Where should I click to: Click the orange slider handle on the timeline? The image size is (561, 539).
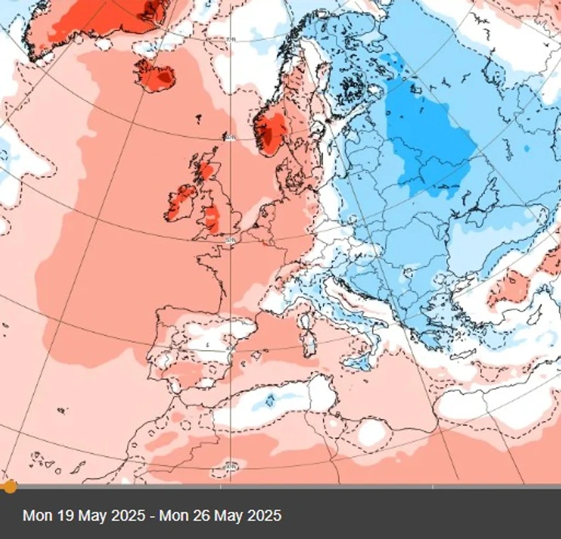9,486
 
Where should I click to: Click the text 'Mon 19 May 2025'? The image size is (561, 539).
84,516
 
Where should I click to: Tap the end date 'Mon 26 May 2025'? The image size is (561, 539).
220,516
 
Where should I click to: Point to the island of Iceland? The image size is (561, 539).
156,75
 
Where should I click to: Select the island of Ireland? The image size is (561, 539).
182,203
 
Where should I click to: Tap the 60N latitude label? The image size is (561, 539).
229,136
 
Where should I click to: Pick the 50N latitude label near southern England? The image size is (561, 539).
229,241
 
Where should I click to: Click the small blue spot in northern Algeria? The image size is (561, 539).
271,402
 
